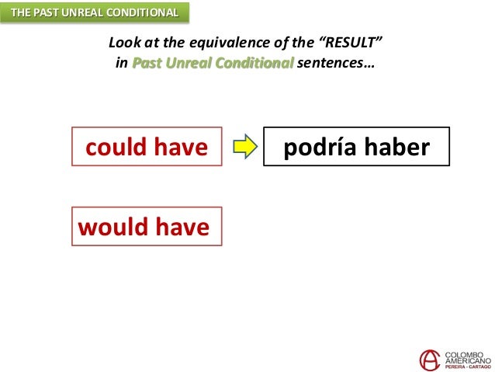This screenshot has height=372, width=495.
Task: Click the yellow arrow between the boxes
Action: coord(244,147)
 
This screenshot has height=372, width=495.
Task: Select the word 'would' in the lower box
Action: coord(112,227)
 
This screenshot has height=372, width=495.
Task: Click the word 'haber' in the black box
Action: coord(398,147)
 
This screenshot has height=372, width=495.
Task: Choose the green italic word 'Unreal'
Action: coord(189,63)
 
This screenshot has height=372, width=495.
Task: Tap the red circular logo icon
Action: coord(430,359)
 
